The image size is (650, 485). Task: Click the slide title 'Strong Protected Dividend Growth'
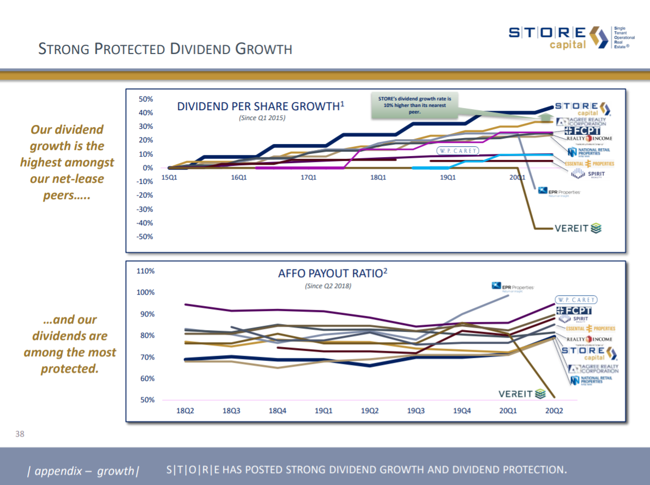[x=165, y=49]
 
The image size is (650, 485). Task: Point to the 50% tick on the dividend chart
[x=146, y=99]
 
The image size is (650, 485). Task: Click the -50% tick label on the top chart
[x=145, y=237]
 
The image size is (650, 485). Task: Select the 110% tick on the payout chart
[x=146, y=271]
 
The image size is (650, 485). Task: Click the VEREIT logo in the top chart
[x=577, y=229]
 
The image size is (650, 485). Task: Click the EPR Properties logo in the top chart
[x=559, y=191]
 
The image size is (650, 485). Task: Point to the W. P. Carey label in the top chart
[x=456, y=151]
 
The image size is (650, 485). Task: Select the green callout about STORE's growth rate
[x=414, y=104]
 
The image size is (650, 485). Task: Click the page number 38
[x=19, y=434]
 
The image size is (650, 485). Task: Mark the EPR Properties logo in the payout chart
[x=512, y=286]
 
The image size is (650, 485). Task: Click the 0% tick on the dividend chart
[x=147, y=168]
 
